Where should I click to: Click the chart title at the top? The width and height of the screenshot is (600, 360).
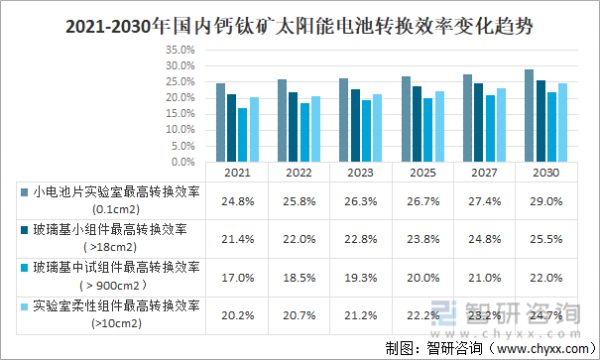(300, 27)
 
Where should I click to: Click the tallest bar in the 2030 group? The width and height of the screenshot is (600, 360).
(529, 115)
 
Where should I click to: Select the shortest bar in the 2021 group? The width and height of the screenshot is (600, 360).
(242, 135)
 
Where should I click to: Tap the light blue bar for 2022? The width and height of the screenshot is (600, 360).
(315, 129)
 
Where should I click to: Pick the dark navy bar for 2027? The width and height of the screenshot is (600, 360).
(478, 122)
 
